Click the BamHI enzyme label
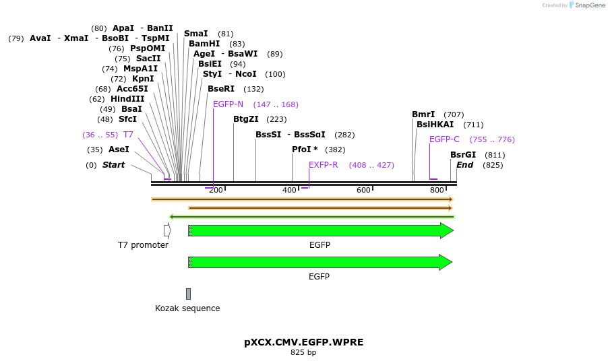pyautogui.click(x=204, y=44)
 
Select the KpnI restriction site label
pyautogui.click(x=142, y=79)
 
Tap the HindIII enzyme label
pyautogui.click(x=127, y=99)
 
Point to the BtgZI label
pyautogui.click(x=246, y=119)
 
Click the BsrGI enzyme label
pyautogui.click(x=463, y=155)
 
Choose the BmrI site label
pyautogui.click(x=423, y=114)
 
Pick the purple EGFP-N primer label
pyautogui.click(x=228, y=104)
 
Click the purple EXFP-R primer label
pyautogui.click(x=324, y=165)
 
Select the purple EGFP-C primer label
pyautogui.click(x=444, y=139)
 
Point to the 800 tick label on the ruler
pyautogui.click(x=437, y=191)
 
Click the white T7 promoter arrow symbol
pyautogui.click(x=167, y=230)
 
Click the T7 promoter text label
pyautogui.click(x=143, y=245)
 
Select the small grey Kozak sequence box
pyautogui.click(x=188, y=294)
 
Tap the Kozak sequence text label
pyautogui.click(x=187, y=308)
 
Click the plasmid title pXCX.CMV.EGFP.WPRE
pyautogui.click(x=303, y=342)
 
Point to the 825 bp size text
pyautogui.click(x=303, y=352)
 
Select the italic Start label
pyautogui.click(x=113, y=165)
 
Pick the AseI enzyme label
pyautogui.click(x=119, y=150)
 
